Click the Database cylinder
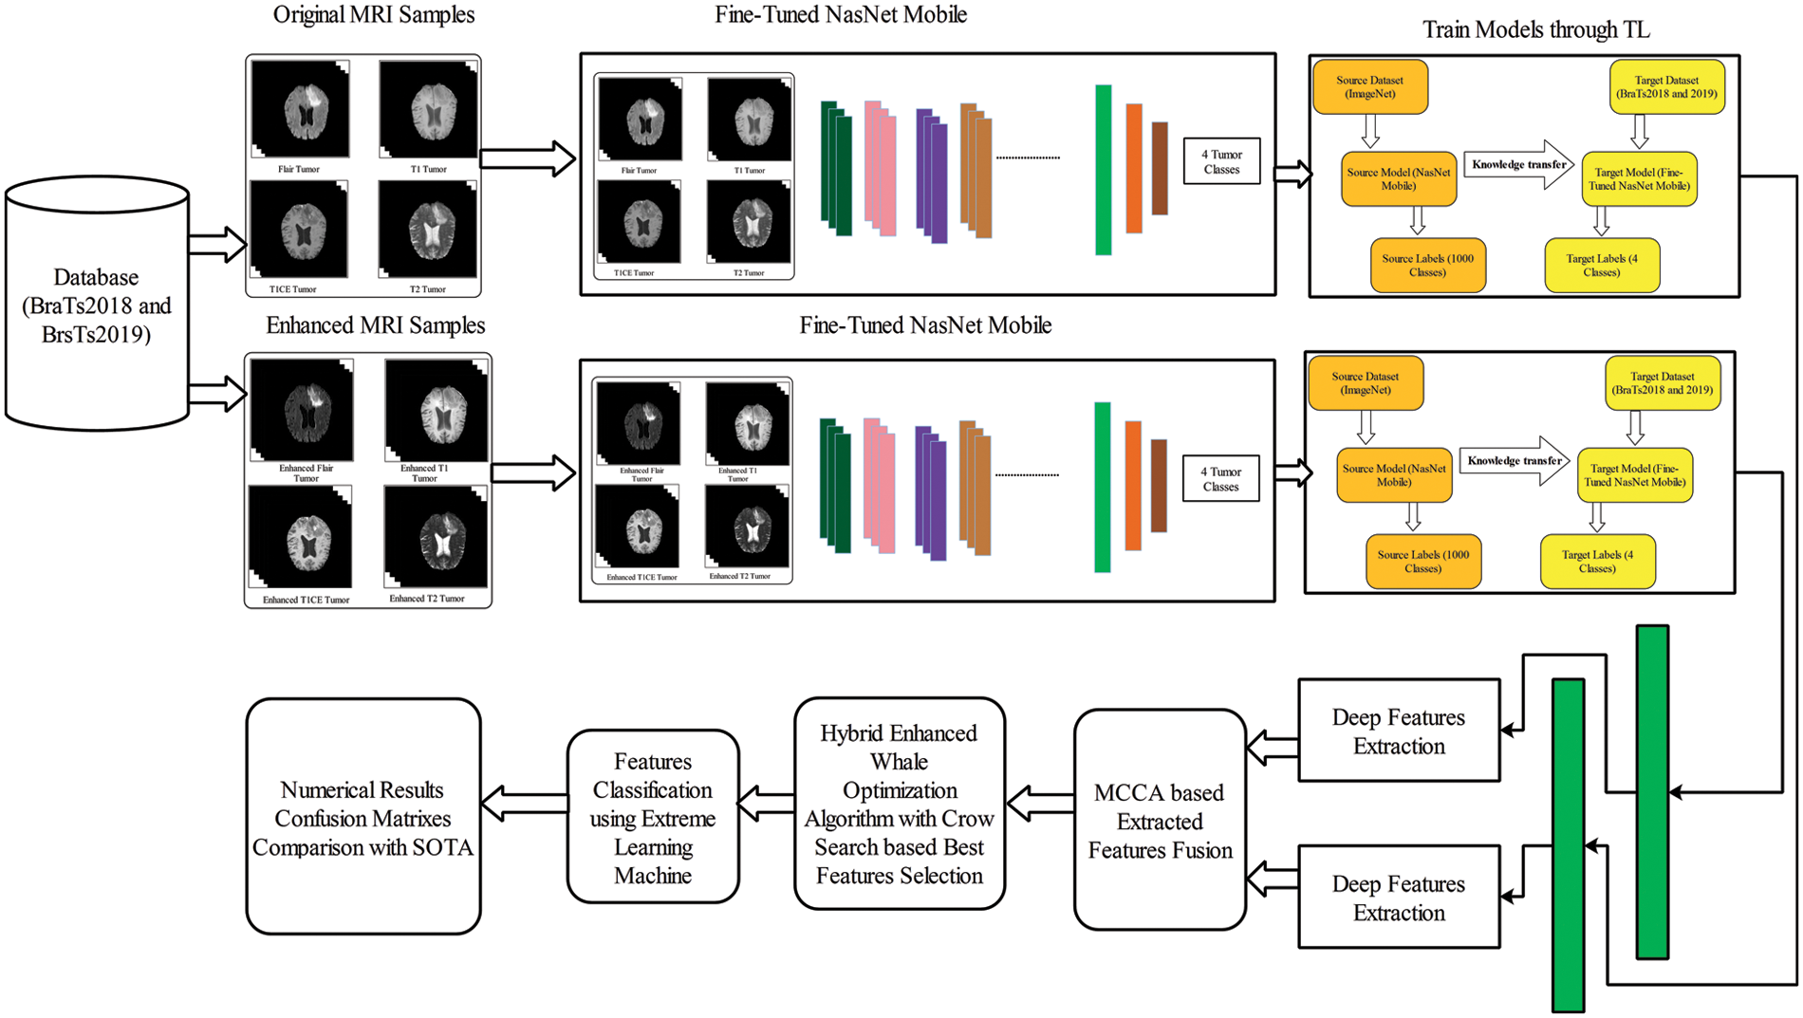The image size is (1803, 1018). click(96, 304)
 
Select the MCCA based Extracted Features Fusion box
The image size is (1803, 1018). click(1159, 820)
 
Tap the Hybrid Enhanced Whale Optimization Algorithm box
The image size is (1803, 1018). click(899, 804)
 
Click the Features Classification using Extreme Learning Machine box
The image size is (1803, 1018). click(652, 817)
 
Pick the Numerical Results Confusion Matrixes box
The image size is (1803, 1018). click(362, 817)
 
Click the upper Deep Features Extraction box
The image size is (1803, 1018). click(1398, 731)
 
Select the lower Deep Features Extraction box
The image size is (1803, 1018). click(1398, 898)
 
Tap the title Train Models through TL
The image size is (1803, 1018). click(1535, 30)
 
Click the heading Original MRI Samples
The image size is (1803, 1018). click(374, 15)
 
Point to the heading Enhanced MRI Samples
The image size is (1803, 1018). click(375, 325)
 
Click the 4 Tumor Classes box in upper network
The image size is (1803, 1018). click(1221, 161)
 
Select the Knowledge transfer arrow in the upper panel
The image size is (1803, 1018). click(1517, 165)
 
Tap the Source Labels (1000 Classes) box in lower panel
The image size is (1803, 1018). click(1422, 562)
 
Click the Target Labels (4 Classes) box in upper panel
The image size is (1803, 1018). click(1601, 266)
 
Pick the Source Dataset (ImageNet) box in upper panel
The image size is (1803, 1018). click(1369, 87)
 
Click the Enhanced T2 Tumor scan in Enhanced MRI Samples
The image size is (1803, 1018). click(436, 537)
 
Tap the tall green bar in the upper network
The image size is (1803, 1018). click(1103, 170)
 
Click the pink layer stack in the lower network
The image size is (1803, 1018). click(880, 486)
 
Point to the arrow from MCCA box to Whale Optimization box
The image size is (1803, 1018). click(1039, 804)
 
